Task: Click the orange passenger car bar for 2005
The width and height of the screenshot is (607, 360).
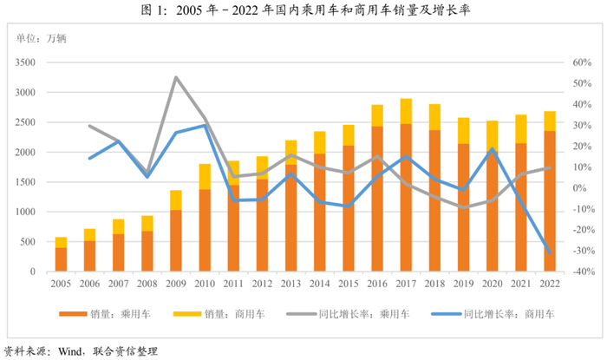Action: pyautogui.click(x=61, y=259)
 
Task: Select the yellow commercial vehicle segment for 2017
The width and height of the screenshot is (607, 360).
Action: pyautogui.click(x=406, y=112)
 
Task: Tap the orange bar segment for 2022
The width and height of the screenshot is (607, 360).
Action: pyautogui.click(x=550, y=201)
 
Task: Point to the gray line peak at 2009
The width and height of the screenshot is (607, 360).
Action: pyautogui.click(x=176, y=77)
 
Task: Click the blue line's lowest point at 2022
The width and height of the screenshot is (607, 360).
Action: pyautogui.click(x=550, y=252)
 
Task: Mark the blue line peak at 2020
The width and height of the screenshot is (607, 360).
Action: pyautogui.click(x=492, y=148)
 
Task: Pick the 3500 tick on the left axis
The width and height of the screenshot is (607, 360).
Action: pyautogui.click(x=25, y=62)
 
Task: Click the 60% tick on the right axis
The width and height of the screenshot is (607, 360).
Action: pyautogui.click(x=582, y=62)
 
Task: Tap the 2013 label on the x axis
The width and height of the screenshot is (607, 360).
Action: pyautogui.click(x=290, y=284)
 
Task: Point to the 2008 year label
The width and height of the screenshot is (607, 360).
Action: pyautogui.click(x=147, y=284)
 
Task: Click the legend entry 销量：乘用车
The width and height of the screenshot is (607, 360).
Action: pyautogui.click(x=105, y=314)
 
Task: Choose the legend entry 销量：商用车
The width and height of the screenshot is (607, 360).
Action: pyautogui.click(x=219, y=314)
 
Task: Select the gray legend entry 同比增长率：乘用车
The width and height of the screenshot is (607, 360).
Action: pyautogui.click(x=348, y=314)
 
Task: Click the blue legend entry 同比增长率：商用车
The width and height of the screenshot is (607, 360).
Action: pyautogui.click(x=493, y=314)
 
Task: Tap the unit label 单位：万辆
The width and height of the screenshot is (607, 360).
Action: pyautogui.click(x=42, y=38)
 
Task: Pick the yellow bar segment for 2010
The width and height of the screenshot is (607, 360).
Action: pyautogui.click(x=205, y=177)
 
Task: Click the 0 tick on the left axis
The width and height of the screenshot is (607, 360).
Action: pyautogui.click(x=33, y=272)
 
